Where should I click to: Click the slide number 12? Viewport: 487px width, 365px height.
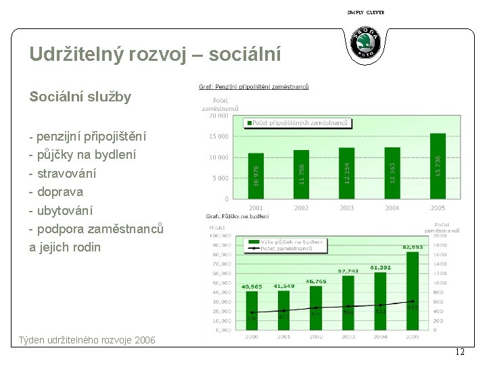point(459,351)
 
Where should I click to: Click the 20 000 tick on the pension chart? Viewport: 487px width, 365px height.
point(218,116)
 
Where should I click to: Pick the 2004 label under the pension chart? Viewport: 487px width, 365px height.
point(392,208)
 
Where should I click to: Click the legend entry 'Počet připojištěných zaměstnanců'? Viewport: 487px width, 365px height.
point(300,123)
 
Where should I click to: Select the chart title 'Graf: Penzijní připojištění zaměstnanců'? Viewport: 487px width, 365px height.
point(254,87)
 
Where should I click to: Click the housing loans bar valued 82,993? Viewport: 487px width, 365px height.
point(413,291)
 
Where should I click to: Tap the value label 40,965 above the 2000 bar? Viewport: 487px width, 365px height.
point(252,287)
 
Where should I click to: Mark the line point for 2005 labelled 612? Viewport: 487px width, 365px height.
point(413,301)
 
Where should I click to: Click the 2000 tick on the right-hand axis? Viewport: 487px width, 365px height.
point(440,236)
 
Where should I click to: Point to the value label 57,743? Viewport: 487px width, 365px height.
point(348,271)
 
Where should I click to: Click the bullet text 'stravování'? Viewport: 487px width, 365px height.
point(66,174)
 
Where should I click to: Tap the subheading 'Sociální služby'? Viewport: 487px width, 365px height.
point(80,97)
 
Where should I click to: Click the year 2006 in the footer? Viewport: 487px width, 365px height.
point(143,340)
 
